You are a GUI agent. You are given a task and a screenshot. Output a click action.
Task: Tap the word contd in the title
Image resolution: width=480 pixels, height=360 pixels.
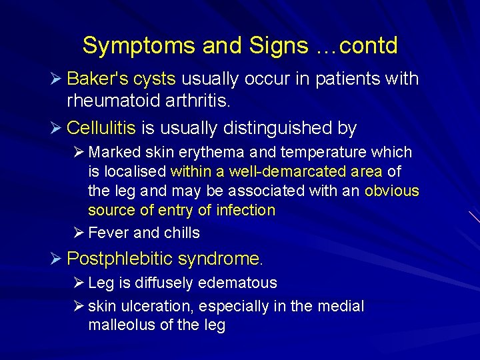(368, 46)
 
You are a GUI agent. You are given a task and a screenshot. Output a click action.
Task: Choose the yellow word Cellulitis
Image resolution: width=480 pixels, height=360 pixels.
(101, 127)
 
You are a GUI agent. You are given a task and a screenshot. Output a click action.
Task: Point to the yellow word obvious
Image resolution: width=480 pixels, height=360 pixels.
(391, 191)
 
